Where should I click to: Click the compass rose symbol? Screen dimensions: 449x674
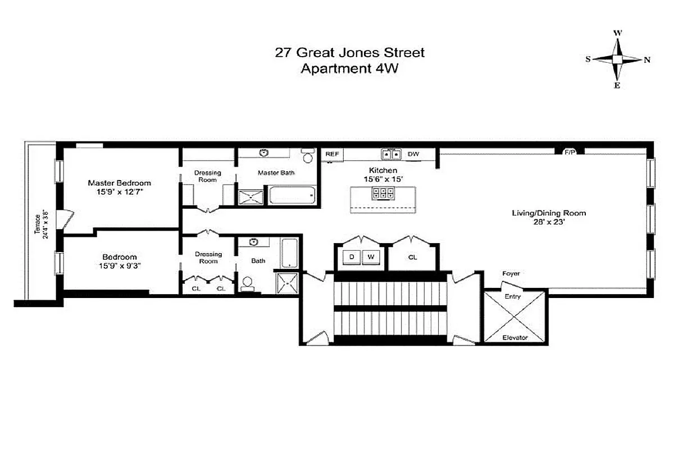[617, 59]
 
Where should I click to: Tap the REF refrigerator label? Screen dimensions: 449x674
[332, 154]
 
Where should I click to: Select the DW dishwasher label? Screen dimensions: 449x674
[413, 154]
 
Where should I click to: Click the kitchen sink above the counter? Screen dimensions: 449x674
[391, 154]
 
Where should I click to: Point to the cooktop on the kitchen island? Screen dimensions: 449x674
[382, 194]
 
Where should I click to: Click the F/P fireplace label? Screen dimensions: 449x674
[570, 152]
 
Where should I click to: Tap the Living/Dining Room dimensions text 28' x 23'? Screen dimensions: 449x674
[548, 222]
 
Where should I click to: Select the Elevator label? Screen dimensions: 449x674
[514, 337]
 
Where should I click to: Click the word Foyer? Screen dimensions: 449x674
[511, 273]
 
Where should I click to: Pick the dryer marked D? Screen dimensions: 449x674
[352, 257]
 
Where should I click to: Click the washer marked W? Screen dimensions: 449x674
[371, 257]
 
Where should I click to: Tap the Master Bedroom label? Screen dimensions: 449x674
[119, 183]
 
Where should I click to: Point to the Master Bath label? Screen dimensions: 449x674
[276, 173]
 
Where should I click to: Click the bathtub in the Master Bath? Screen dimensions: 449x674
[292, 196]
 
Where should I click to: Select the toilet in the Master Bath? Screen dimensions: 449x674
[307, 155]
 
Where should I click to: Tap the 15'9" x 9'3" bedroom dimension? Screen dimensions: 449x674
[119, 267]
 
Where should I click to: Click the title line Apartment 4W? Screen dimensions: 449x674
[349, 70]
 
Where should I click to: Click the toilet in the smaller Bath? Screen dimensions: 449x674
[248, 284]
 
